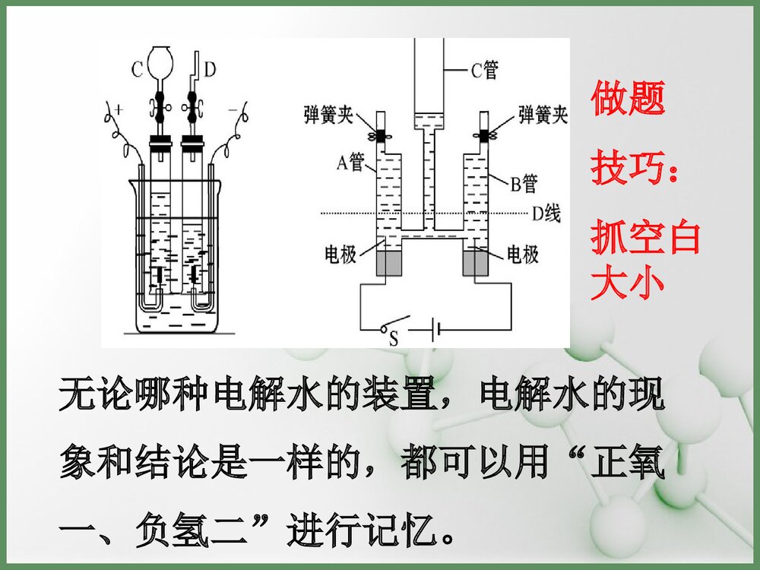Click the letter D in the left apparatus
[210, 69]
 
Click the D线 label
[546, 214]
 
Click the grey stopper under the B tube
[477, 262]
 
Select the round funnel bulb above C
[161, 60]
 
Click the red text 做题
[628, 99]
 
